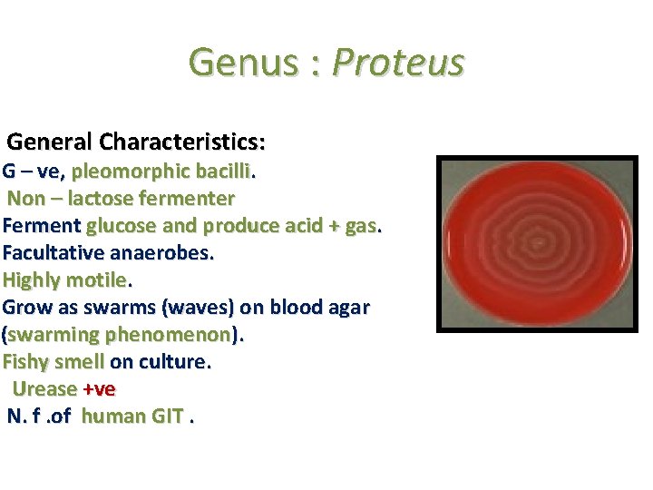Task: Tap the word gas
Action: [357, 225]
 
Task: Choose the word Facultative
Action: [53, 252]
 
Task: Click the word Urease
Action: [44, 388]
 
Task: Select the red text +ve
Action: [99, 388]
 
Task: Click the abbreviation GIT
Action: [162, 416]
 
